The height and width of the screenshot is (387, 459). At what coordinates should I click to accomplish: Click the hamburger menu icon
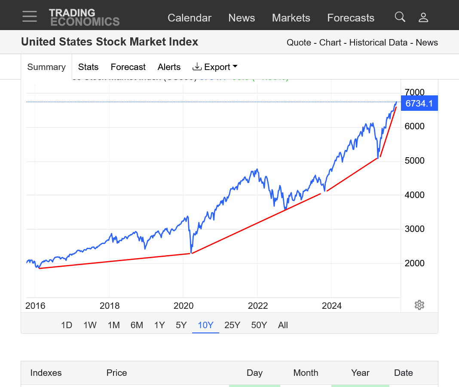tap(30, 17)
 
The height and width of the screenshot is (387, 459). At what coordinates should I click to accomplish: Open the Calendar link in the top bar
tap(190, 18)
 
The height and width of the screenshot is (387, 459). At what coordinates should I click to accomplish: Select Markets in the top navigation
tap(291, 18)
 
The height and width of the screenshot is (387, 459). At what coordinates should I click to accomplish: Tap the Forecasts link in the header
tap(351, 18)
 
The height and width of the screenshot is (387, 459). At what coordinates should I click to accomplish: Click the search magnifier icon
tap(400, 17)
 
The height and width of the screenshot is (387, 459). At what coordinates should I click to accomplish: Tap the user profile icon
tap(423, 17)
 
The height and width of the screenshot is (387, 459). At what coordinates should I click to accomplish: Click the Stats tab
tap(88, 67)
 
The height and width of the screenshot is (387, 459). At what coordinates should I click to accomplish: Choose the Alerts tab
tap(169, 67)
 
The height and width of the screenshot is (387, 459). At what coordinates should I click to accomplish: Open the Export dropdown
tap(215, 67)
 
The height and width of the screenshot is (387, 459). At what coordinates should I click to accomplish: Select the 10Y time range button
tap(205, 325)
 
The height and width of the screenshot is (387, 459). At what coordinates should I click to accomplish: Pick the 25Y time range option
tap(232, 325)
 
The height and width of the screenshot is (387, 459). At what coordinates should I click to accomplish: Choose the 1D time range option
tap(67, 325)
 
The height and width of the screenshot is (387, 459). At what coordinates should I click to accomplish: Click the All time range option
tap(283, 325)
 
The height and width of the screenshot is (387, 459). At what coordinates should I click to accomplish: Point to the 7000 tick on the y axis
tap(414, 92)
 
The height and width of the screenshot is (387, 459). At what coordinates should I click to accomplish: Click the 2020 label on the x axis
tap(184, 306)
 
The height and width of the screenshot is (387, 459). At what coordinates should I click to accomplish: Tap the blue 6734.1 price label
tap(419, 104)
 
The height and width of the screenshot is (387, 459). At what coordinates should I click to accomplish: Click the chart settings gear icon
tap(419, 305)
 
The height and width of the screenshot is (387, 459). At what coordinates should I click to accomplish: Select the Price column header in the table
tap(116, 373)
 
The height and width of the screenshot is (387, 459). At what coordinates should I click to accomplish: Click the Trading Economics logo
tap(84, 17)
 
